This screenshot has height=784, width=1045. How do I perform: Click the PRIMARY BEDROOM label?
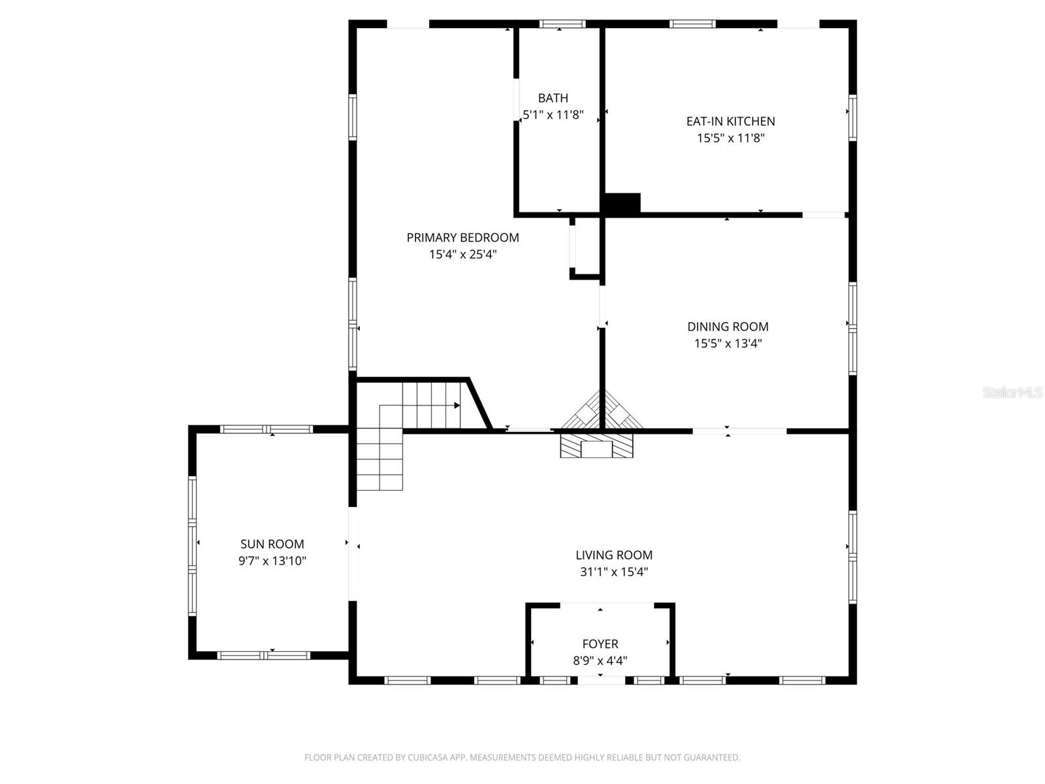pyautogui.click(x=462, y=238)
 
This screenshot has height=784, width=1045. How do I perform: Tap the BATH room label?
pyautogui.click(x=553, y=99)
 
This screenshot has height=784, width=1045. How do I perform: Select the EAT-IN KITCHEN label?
pyautogui.click(x=730, y=122)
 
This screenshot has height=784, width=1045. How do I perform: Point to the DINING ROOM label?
pyautogui.click(x=728, y=327)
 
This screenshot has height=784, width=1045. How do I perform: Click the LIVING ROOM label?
pyautogui.click(x=614, y=555)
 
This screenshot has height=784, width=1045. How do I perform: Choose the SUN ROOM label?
pyautogui.click(x=272, y=544)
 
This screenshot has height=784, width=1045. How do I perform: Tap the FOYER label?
pyautogui.click(x=600, y=644)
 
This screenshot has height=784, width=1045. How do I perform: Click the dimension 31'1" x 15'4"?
pyautogui.click(x=614, y=572)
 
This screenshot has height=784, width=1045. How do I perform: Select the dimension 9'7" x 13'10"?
pyautogui.click(x=272, y=561)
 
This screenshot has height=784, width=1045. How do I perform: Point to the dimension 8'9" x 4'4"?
pyautogui.click(x=600, y=661)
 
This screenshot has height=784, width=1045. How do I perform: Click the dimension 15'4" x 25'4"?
pyautogui.click(x=462, y=255)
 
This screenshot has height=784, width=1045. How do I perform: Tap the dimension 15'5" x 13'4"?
pyautogui.click(x=728, y=344)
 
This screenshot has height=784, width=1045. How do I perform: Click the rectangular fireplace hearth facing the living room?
pyautogui.click(x=597, y=448)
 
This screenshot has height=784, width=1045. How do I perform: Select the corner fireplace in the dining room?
pyautogui.click(x=603, y=412)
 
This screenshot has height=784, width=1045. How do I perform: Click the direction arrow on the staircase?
pyautogui.click(x=457, y=406)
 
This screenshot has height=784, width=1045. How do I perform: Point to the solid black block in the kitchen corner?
pyautogui.click(x=622, y=203)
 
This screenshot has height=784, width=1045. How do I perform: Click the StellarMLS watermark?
pyautogui.click(x=1012, y=393)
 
